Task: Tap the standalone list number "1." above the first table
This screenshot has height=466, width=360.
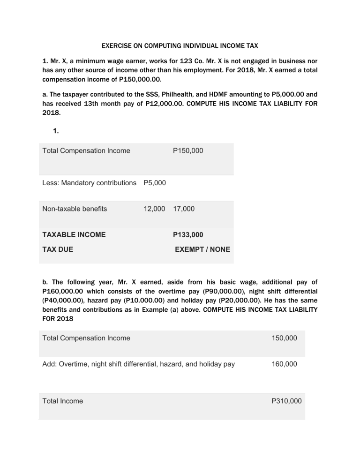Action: (x=56, y=131)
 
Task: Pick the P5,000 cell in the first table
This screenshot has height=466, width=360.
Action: (x=154, y=183)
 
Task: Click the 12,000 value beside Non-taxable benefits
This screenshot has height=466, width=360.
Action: (x=154, y=209)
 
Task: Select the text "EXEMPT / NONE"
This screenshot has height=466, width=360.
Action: (x=202, y=249)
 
